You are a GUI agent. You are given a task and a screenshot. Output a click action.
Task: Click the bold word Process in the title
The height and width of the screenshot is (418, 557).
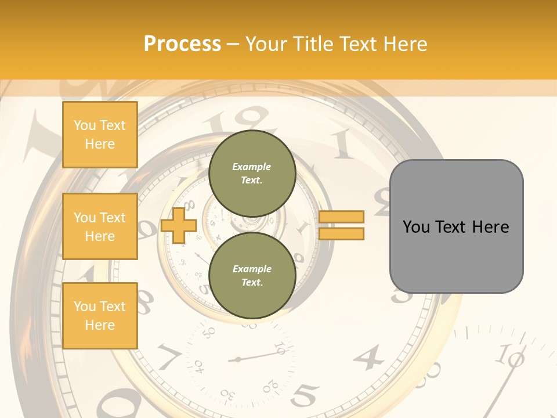pyautogui.click(x=182, y=44)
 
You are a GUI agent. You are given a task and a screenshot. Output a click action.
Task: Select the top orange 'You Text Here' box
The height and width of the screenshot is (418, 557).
pyautogui.click(x=100, y=135)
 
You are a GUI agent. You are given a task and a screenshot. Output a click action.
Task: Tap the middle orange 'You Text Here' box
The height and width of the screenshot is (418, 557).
pyautogui.click(x=100, y=226)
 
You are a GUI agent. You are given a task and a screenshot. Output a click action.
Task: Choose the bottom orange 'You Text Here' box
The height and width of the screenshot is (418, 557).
pyautogui.click(x=100, y=316)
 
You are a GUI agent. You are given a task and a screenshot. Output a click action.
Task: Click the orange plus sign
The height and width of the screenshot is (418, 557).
pyautogui.click(x=179, y=225)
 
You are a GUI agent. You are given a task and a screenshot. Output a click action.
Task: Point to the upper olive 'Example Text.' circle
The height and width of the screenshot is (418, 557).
pyautogui.click(x=252, y=173)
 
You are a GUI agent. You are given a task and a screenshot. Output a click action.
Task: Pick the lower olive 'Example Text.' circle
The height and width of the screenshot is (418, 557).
pyautogui.click(x=252, y=275)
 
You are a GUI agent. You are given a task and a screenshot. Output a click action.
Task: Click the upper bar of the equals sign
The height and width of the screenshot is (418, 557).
pyautogui.click(x=341, y=217)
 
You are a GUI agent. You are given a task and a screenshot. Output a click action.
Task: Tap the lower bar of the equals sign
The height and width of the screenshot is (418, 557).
pyautogui.click(x=341, y=233)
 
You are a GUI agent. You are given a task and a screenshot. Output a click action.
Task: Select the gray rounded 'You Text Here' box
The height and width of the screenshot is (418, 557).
pyautogui.click(x=456, y=226)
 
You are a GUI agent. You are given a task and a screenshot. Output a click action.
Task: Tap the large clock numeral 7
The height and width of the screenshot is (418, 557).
pyautogui.click(x=168, y=355)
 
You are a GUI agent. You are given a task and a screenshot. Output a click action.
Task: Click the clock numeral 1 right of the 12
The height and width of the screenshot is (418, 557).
pyautogui.click(x=342, y=143)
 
